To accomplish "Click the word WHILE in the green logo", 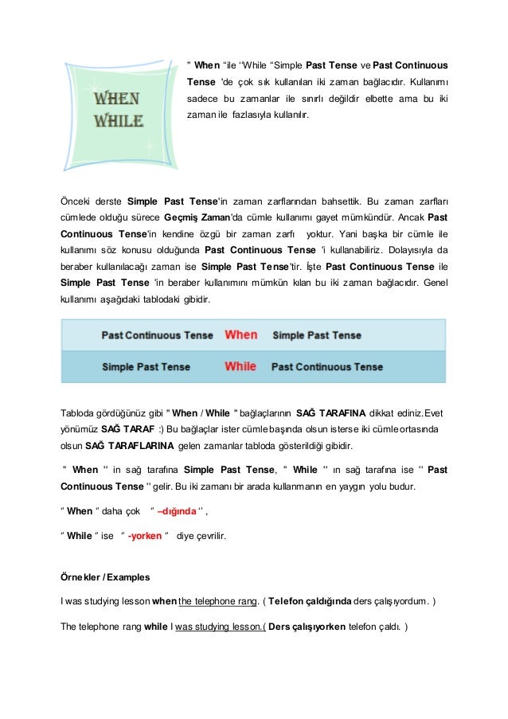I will click(x=119, y=122).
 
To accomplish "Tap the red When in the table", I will click(x=241, y=335).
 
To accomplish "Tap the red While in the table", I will click(x=240, y=367).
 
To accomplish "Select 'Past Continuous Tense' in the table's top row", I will click(x=158, y=336).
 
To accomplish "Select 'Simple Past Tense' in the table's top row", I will click(x=317, y=336).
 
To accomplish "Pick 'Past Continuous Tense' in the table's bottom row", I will click(x=327, y=368).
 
